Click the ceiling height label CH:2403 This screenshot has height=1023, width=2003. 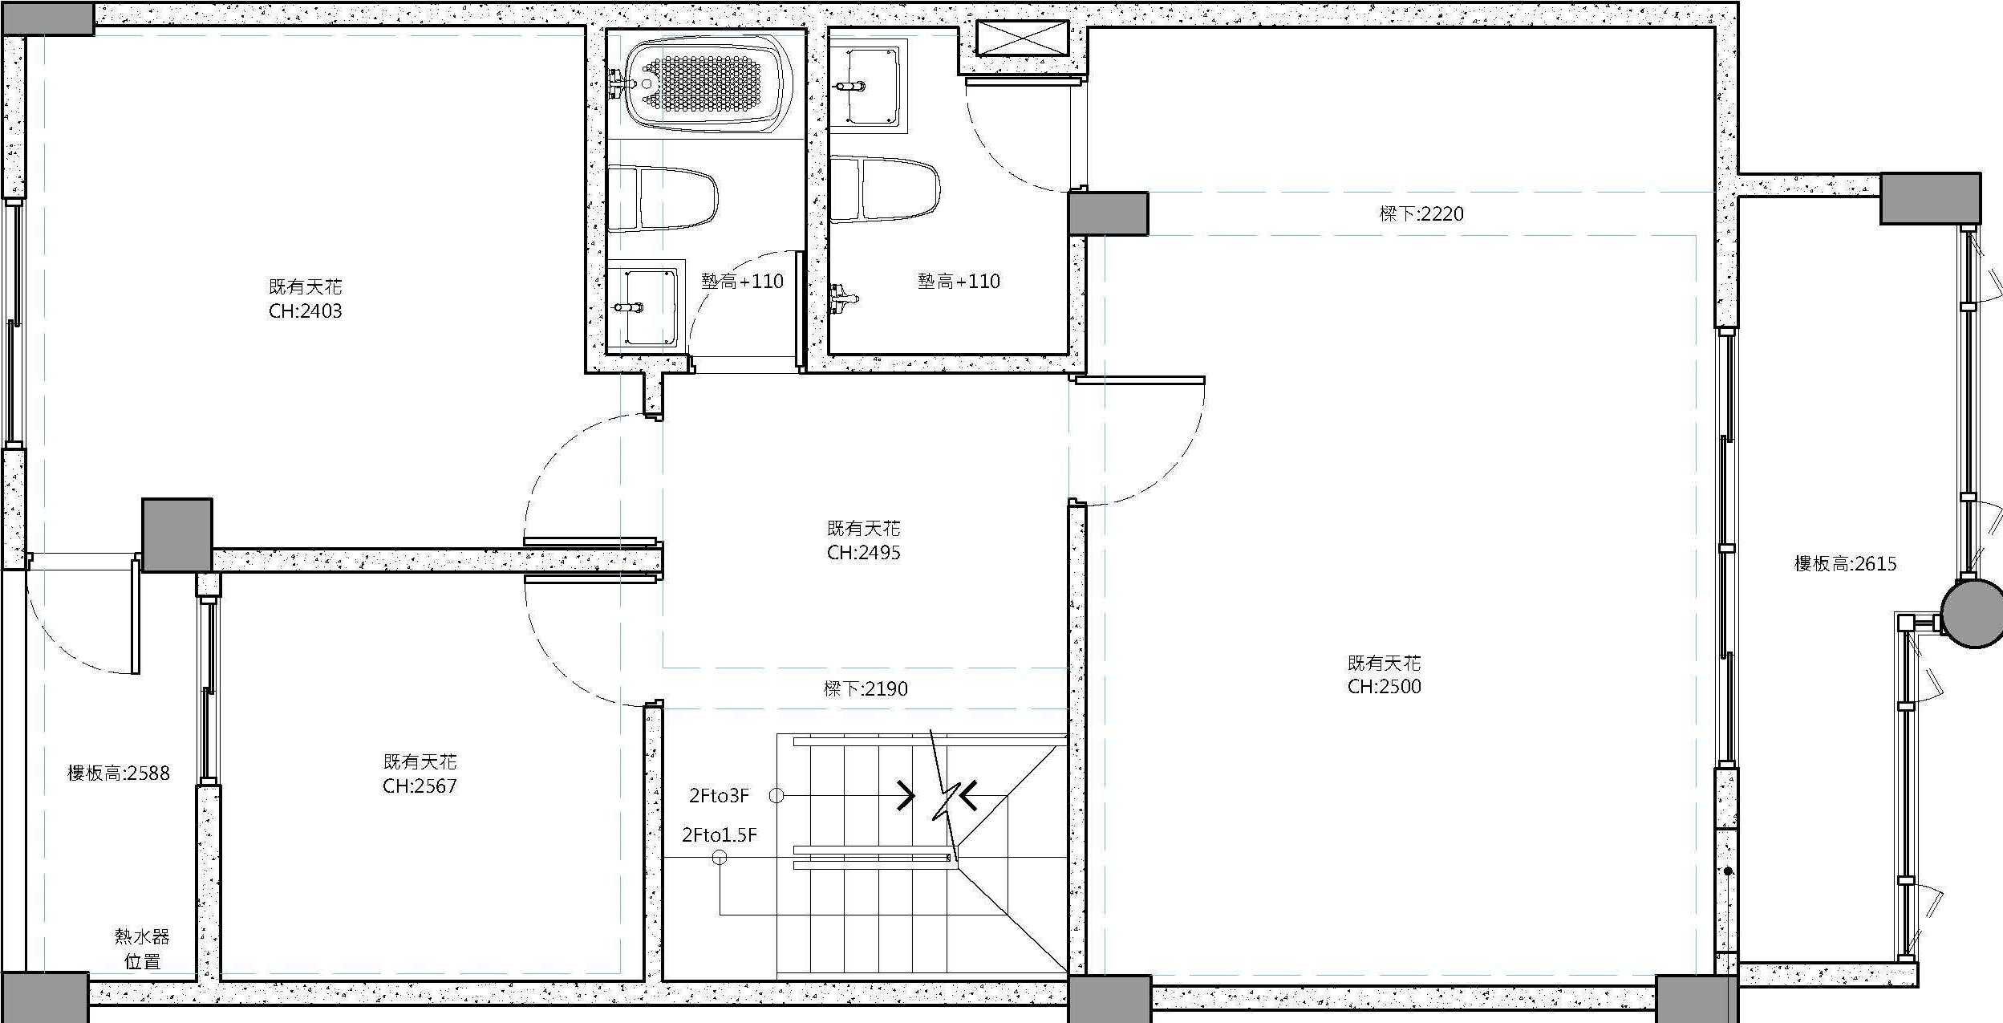click(x=306, y=311)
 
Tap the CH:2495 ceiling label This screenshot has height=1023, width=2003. click(x=864, y=553)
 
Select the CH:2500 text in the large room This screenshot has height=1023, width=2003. click(x=1385, y=687)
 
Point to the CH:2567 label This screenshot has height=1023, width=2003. click(x=420, y=786)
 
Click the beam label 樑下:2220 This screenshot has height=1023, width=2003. click(x=1421, y=214)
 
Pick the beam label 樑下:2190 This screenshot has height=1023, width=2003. click(x=866, y=689)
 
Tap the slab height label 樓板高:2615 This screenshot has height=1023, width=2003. click(x=1846, y=564)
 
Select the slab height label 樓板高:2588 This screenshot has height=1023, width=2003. click(x=119, y=773)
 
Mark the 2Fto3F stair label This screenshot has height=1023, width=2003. click(x=719, y=796)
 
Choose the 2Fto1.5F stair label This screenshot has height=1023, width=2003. click(x=720, y=835)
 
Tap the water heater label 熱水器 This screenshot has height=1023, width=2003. click(x=142, y=936)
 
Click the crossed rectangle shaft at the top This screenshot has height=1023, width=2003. click(x=1023, y=39)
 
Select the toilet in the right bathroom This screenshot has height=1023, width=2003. click(x=884, y=189)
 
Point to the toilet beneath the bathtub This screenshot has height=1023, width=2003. click(x=663, y=198)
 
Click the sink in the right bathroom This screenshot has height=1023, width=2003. click(x=868, y=87)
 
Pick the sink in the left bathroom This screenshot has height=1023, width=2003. click(x=647, y=306)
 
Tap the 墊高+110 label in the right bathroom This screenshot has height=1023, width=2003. click(x=959, y=282)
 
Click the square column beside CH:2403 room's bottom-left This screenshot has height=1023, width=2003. click(x=177, y=535)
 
